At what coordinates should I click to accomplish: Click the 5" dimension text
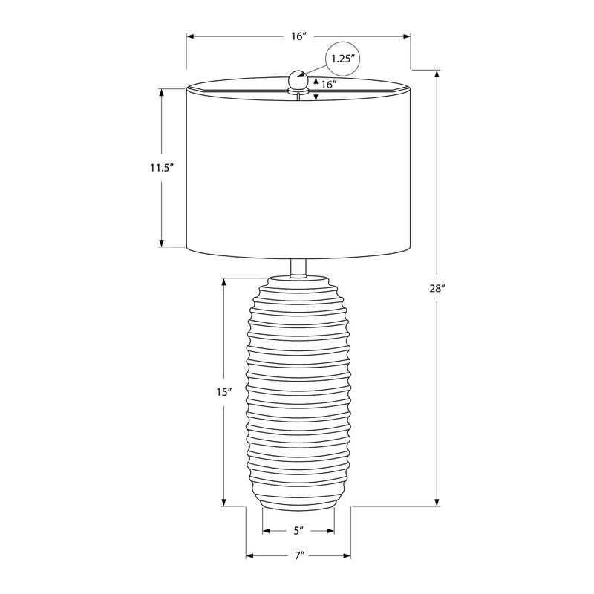(x=298, y=531)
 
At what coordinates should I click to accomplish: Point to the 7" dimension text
(x=298, y=555)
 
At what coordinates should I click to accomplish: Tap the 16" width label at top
(x=298, y=36)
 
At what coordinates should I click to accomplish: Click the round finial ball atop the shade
(x=298, y=78)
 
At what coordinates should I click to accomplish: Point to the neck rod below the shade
(x=298, y=267)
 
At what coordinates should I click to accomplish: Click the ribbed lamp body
(x=298, y=394)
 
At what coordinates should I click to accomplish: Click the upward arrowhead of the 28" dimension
(x=437, y=74)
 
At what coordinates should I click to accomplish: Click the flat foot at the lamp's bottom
(x=298, y=507)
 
